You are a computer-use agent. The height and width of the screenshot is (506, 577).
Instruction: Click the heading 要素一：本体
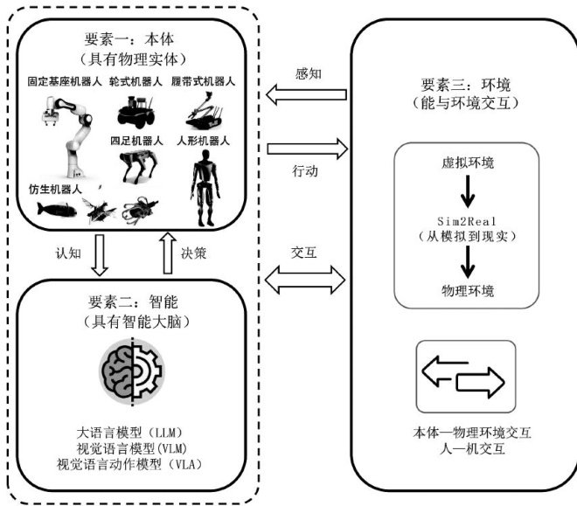coord(133,41)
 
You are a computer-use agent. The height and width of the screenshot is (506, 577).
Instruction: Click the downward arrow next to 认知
coord(99,254)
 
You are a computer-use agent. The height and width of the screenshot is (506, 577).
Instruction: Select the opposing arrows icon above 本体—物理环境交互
coord(462,377)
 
